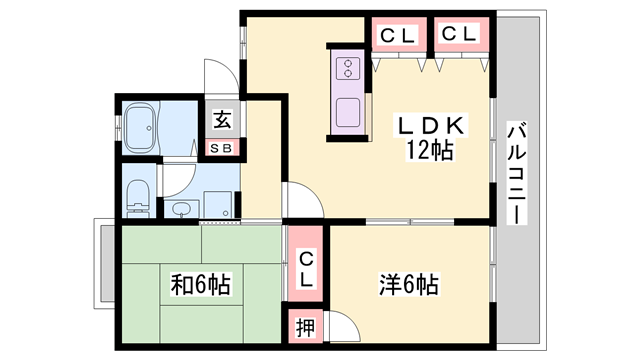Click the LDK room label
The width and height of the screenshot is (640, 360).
click(x=430, y=126)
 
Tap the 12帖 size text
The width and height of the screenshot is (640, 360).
click(x=429, y=150)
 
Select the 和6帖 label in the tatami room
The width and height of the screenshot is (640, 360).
click(x=201, y=284)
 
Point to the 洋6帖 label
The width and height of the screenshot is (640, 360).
click(x=409, y=284)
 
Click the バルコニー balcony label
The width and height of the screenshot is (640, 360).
click(x=516, y=172)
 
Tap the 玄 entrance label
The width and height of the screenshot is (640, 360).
click(x=222, y=120)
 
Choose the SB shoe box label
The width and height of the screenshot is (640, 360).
click(x=221, y=148)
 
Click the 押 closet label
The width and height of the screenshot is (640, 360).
click(x=305, y=327)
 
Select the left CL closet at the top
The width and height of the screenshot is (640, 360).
click(x=399, y=35)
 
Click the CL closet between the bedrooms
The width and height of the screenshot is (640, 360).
click(x=306, y=264)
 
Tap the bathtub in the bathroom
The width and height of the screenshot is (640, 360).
click(x=140, y=127)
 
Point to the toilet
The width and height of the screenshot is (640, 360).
click(x=138, y=198)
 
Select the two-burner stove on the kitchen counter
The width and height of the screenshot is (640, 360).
click(x=348, y=68)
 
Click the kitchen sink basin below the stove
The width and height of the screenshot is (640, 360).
click(x=348, y=113)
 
